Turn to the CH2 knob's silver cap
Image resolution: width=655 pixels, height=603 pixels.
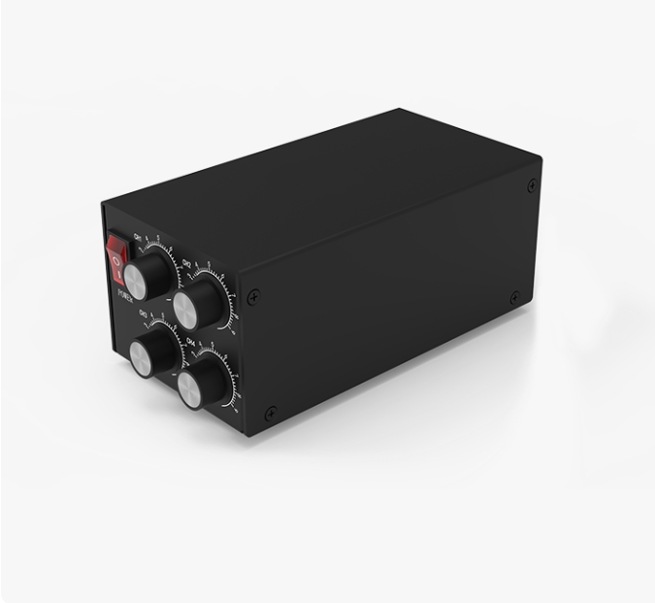(x=187, y=310)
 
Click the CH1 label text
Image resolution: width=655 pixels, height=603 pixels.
(x=138, y=236)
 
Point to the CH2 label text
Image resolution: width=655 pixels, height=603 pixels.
(x=186, y=261)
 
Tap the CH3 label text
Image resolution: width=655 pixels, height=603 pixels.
(x=144, y=313)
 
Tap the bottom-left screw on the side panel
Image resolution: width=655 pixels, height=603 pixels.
(x=271, y=412)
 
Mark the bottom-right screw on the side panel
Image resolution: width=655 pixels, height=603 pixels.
(x=514, y=297)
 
